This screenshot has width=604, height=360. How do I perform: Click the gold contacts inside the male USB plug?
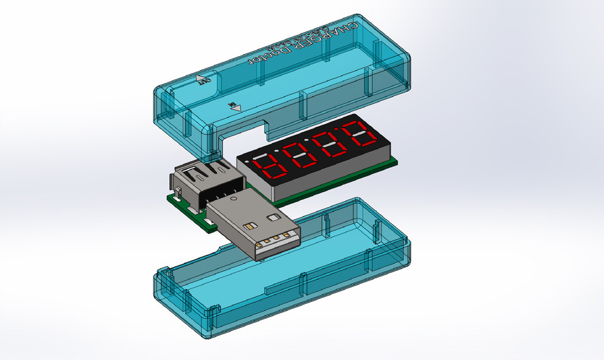[276, 240]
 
